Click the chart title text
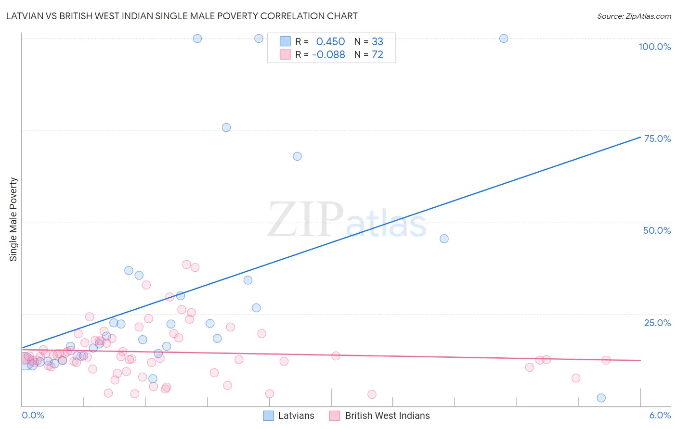click(x=182, y=16)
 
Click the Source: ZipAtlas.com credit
click(x=634, y=16)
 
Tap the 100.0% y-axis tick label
click(x=654, y=47)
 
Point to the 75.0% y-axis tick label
click(x=657, y=139)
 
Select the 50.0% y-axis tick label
click(x=657, y=230)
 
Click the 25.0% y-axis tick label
click(x=657, y=323)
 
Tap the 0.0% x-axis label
click(x=33, y=415)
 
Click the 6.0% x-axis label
click(x=660, y=415)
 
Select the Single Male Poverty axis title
click(x=13, y=219)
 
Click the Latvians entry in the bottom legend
click(x=289, y=416)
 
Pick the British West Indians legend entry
click(x=380, y=416)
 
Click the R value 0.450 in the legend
click(x=330, y=42)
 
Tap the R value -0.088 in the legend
click(x=328, y=55)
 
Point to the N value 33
click(x=378, y=42)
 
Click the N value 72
click(x=378, y=55)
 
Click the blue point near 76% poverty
click(x=226, y=127)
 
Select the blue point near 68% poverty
click(x=297, y=156)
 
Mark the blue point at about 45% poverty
click(x=444, y=239)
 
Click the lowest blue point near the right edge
click(x=601, y=398)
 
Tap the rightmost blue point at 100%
click(x=504, y=38)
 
